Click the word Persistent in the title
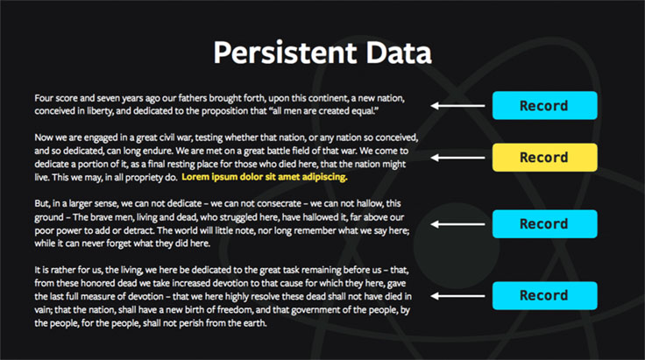tap(285, 53)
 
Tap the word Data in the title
tap(399, 53)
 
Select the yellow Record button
tap(544, 158)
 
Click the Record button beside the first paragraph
tap(544, 106)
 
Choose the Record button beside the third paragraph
tap(544, 224)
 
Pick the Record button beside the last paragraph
tap(544, 295)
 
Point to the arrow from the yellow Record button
tap(457, 158)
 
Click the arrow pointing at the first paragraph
tap(457, 106)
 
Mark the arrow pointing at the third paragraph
tap(457, 224)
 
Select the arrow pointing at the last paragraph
tap(457, 296)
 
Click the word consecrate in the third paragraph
tap(279, 203)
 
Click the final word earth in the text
tap(255, 323)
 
